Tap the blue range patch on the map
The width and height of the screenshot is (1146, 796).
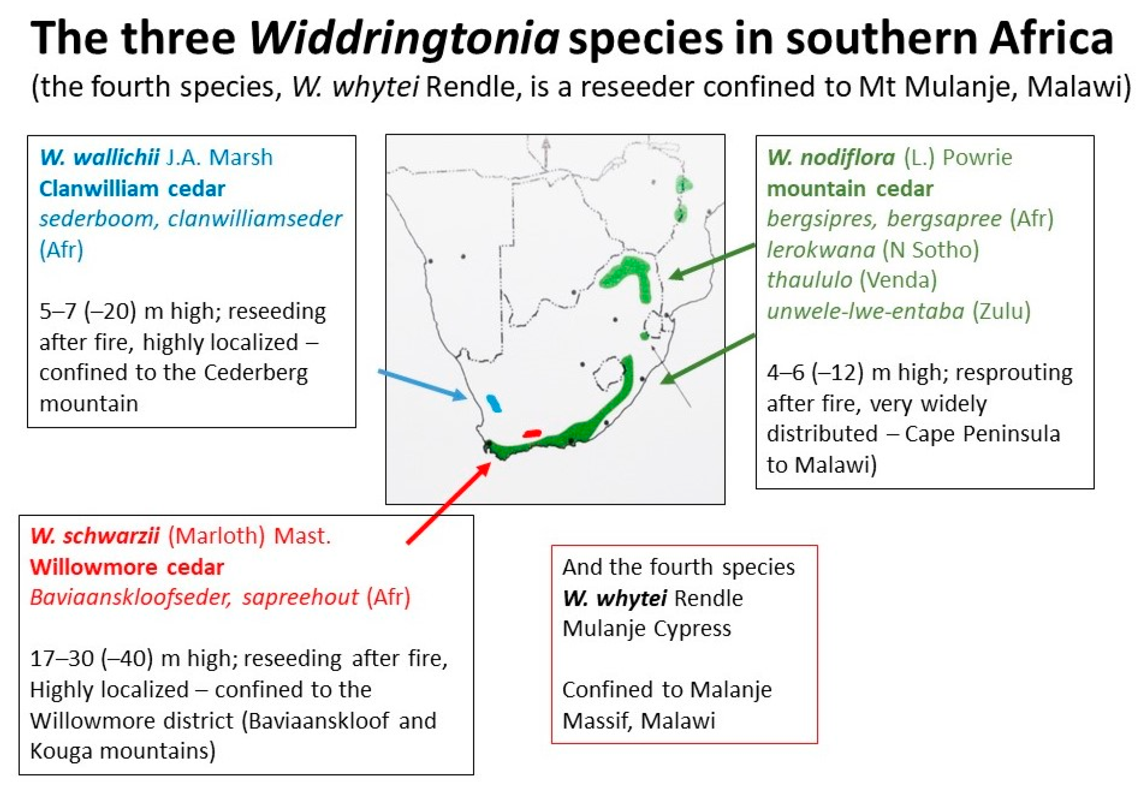494,403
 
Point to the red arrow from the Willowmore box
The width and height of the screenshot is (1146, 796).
448,503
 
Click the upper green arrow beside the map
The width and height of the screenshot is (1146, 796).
712,261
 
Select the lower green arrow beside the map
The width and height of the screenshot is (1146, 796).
708,359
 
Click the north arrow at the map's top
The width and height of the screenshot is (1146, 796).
546,153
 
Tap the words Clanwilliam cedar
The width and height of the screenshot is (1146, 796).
132,189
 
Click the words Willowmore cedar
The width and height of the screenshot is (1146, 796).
127,568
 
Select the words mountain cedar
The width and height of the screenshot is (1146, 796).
850,189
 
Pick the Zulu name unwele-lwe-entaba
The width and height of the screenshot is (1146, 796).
866,311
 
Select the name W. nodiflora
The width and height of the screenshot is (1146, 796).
831,158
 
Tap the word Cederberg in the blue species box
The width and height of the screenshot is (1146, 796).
256,373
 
